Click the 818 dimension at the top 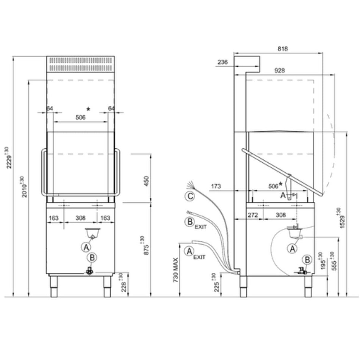tap(283, 49)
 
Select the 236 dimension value tap(223, 63)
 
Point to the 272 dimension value tap(253, 215)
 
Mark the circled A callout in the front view tap(86, 247)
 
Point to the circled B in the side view tap(307, 260)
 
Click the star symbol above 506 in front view tap(88, 109)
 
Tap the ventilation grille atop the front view tap(80, 64)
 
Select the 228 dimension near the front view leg tap(122, 283)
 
